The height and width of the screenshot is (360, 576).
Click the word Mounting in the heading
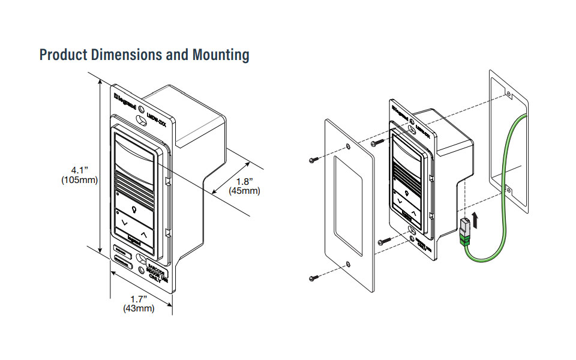click(220, 55)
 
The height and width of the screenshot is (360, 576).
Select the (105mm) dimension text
click(79, 180)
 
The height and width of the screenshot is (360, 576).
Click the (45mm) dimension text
click(245, 191)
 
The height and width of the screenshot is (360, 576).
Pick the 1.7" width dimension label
click(139, 298)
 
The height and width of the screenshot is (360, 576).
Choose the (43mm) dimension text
click(139, 308)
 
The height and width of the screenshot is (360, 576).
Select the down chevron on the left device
click(124, 223)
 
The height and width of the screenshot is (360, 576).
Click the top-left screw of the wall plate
click(314, 160)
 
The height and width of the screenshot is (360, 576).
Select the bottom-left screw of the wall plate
click(314, 277)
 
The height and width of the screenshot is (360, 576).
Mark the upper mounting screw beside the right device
click(376, 143)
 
